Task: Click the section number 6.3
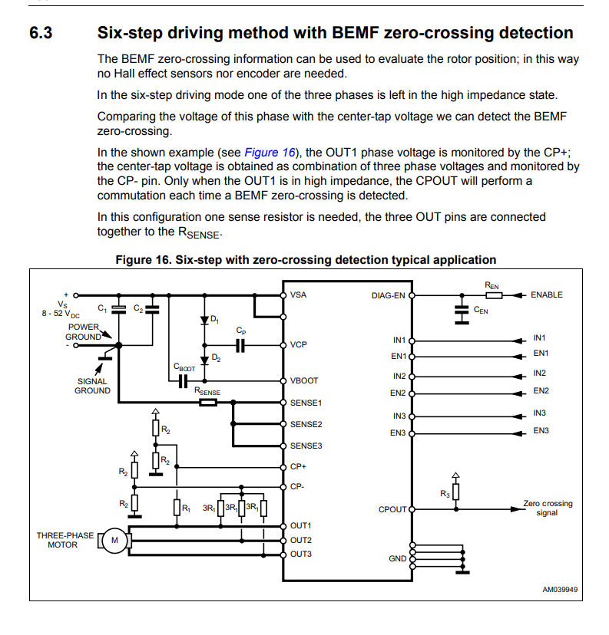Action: (41, 33)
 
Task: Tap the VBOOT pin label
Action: (304, 380)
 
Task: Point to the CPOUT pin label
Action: (392, 509)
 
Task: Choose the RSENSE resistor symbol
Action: (207, 402)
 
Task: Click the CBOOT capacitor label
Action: (184, 367)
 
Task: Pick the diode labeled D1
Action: (204, 319)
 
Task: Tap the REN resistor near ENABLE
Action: (492, 294)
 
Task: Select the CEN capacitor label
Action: (482, 310)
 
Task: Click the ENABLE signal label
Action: (546, 294)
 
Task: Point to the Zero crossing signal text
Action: (548, 508)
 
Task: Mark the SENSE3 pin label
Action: (306, 446)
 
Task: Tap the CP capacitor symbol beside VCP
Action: (240, 345)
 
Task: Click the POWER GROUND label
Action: (82, 331)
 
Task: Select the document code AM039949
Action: (560, 590)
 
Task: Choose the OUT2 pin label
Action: (301, 540)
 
